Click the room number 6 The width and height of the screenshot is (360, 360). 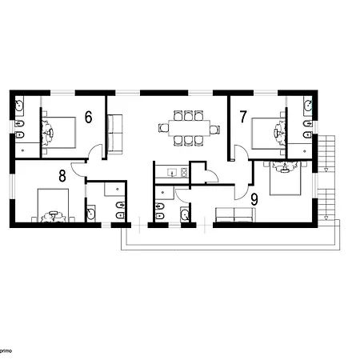88,117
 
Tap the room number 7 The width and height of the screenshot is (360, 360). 242,117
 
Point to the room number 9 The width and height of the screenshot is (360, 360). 254,198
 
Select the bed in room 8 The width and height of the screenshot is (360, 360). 54,205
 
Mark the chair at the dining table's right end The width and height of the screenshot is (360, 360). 212,127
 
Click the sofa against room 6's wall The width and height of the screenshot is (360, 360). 115,132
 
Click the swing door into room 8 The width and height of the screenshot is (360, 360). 78,169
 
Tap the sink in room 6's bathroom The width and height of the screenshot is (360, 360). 21,106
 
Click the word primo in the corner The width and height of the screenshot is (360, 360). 6,350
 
